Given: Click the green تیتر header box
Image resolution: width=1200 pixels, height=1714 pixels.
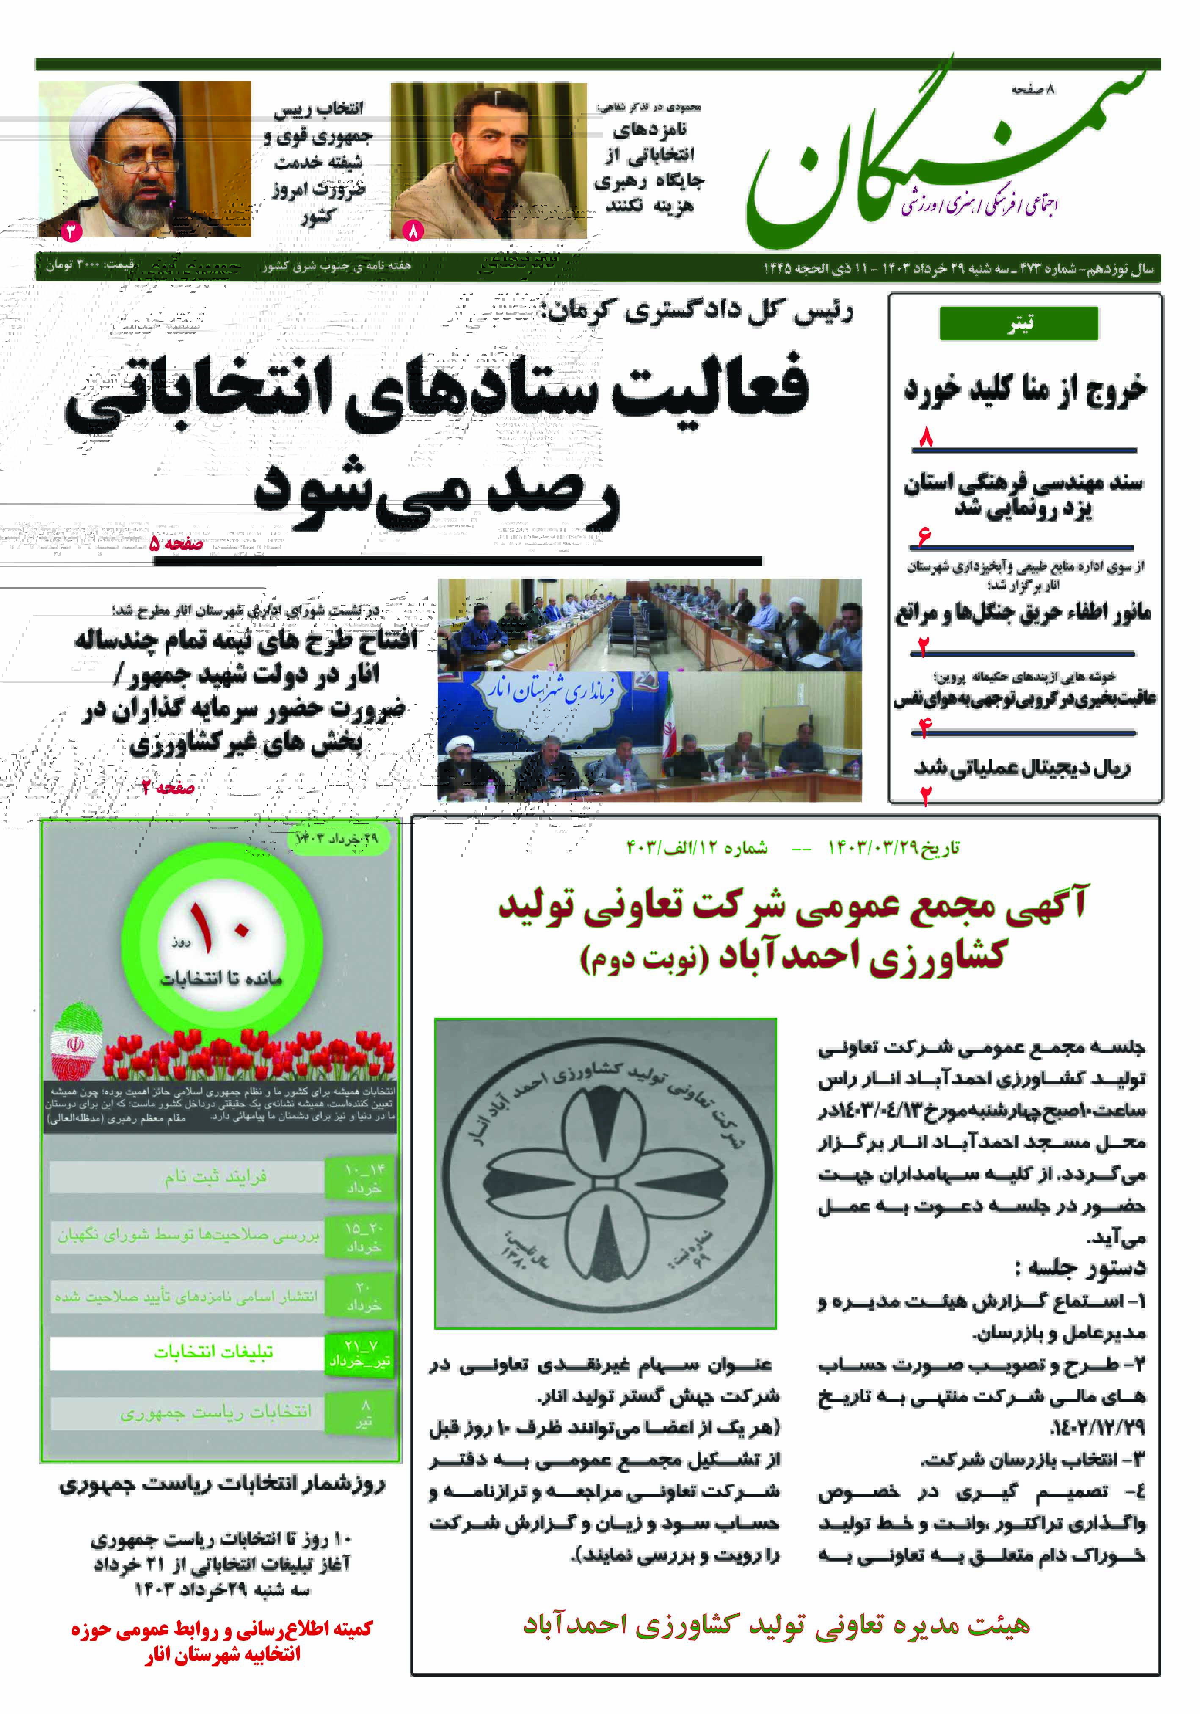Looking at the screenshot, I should pyautogui.click(x=1019, y=323).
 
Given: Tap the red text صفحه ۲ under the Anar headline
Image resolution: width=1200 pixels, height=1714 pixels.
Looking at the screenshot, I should pyautogui.click(x=168, y=787).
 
